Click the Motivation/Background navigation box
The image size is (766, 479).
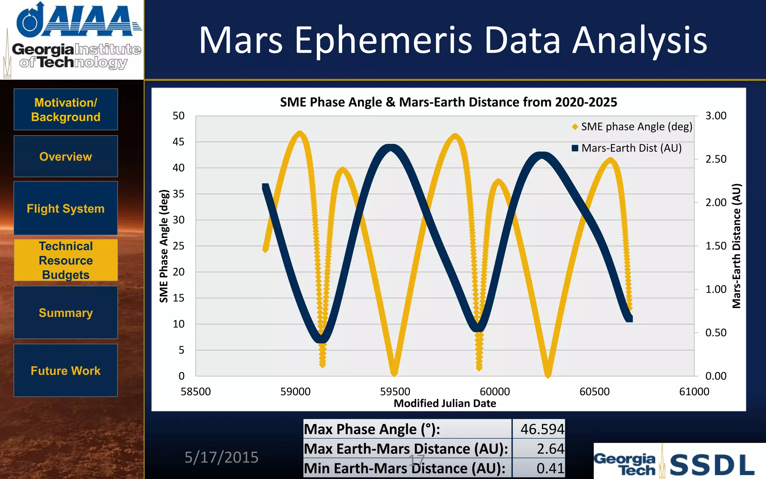pyautogui.click(x=66, y=110)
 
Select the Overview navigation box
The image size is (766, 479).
pyautogui.click(x=66, y=156)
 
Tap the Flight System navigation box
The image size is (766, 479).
pyautogui.click(x=66, y=208)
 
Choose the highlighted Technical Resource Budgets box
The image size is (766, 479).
pyautogui.click(x=66, y=260)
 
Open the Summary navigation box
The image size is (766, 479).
pyautogui.click(x=66, y=312)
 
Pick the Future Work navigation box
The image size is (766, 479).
pyautogui.click(x=66, y=370)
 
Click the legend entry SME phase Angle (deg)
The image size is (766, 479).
pyautogui.click(x=636, y=127)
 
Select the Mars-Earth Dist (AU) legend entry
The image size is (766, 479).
pyautogui.click(x=631, y=148)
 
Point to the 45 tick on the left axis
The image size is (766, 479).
pyautogui.click(x=178, y=142)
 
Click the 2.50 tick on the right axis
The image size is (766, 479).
pyautogui.click(x=716, y=159)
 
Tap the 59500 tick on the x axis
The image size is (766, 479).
pyautogui.click(x=395, y=391)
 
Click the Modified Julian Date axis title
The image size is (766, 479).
pyautogui.click(x=445, y=403)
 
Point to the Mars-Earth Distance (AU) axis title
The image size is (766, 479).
pyautogui.click(x=736, y=246)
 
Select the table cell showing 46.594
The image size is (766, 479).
pyautogui.click(x=542, y=429)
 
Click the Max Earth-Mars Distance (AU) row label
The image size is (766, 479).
pyautogui.click(x=406, y=449)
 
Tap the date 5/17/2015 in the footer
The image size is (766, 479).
pyautogui.click(x=221, y=457)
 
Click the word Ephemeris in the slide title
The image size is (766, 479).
pyautogui.click(x=384, y=40)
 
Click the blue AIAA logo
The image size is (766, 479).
pyautogui.click(x=79, y=21)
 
